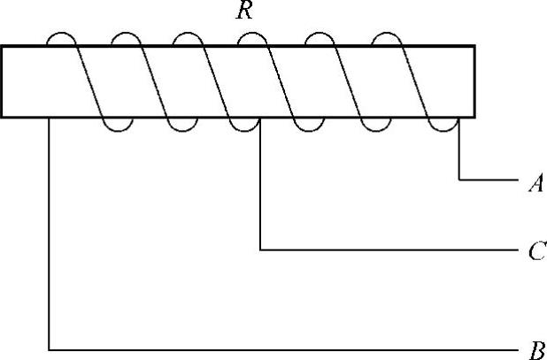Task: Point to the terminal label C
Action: (x=535, y=253)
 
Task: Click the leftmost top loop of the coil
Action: (x=61, y=36)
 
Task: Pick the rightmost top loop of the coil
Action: (x=388, y=36)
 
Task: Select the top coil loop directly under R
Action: (x=251, y=36)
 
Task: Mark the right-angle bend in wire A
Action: (x=459, y=180)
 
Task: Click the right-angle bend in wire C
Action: (x=260, y=250)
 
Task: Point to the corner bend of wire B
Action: (x=50, y=349)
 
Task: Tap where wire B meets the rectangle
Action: (x=50, y=118)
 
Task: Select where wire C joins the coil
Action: (x=260, y=122)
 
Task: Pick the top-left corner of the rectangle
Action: (x=2, y=46)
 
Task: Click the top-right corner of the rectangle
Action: (x=475, y=46)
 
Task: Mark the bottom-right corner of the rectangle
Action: (x=475, y=117)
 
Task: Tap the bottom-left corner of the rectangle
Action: (x=2, y=117)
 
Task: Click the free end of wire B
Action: (x=517, y=349)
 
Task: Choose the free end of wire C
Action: (x=517, y=250)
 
